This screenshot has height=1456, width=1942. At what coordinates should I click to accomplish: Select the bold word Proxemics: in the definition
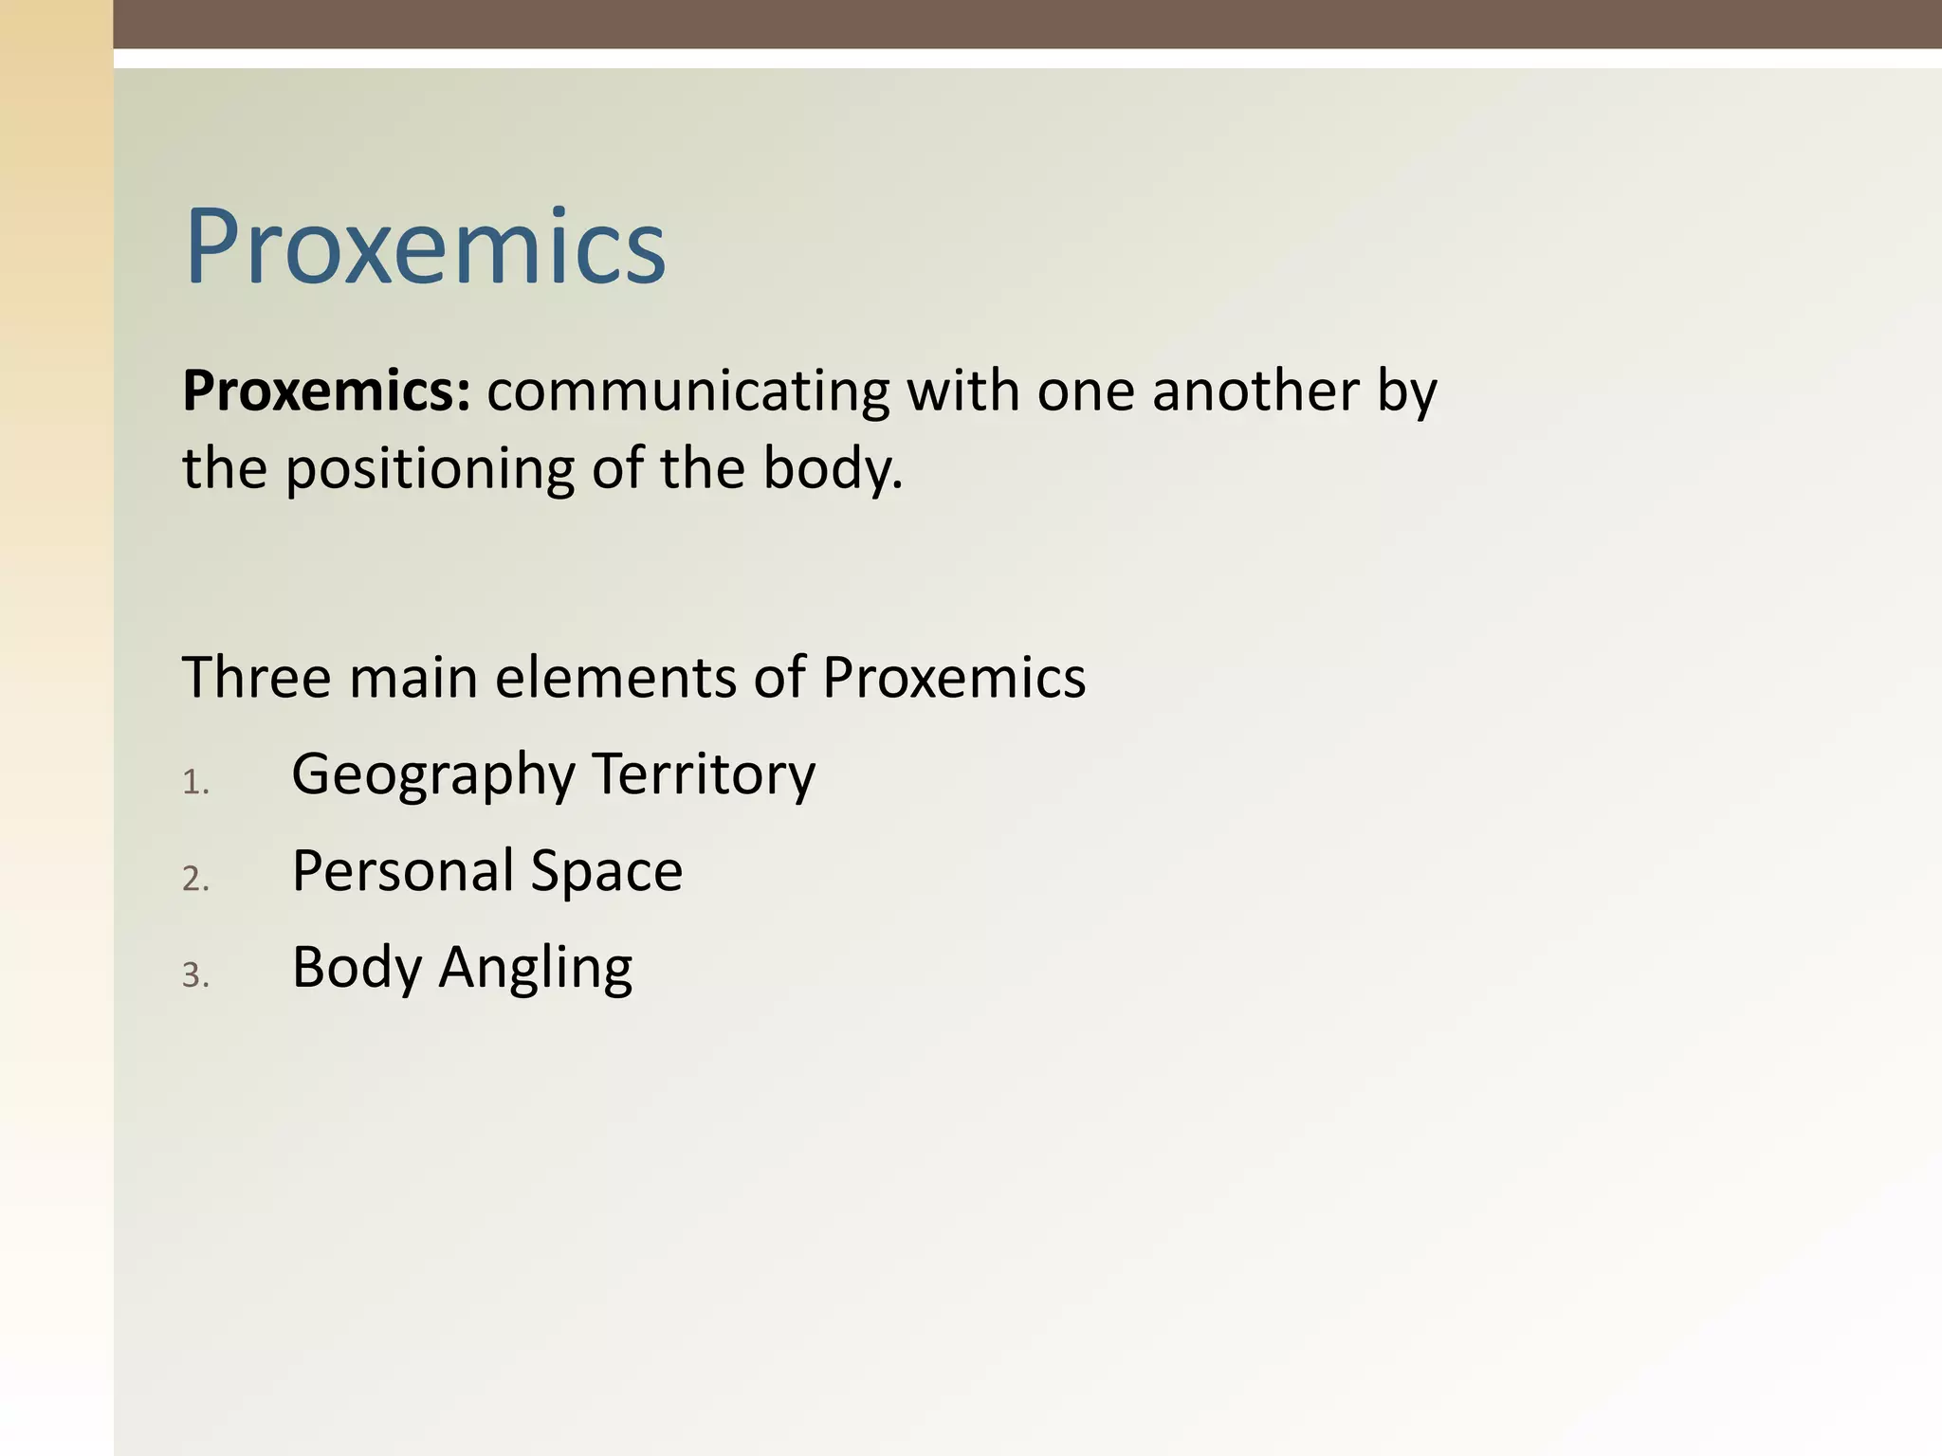pos(326,391)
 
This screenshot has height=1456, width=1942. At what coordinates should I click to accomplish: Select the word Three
pos(257,678)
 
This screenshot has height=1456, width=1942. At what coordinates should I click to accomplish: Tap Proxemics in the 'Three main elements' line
pos(954,678)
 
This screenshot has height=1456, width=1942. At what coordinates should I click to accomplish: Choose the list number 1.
pos(194,783)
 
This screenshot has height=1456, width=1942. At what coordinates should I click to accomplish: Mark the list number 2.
pos(194,880)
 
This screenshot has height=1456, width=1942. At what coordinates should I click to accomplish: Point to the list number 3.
pos(194,975)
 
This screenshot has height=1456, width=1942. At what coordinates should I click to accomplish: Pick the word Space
pos(606,870)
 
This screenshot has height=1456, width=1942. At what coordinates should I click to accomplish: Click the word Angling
pos(535,968)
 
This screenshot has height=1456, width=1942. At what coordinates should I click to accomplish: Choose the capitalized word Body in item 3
pos(357,968)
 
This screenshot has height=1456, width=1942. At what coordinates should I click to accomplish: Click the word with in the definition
pos(962,391)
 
